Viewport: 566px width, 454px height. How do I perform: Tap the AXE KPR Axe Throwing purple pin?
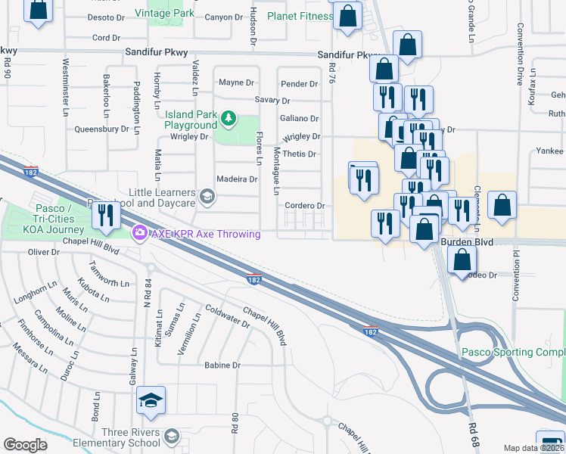pyautogui.click(x=138, y=233)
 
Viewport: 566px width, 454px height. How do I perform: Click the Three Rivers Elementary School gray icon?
pyautogui.click(x=172, y=436)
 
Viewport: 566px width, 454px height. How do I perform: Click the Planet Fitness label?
pyautogui.click(x=300, y=16)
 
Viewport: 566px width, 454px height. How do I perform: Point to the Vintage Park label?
pyautogui.click(x=164, y=13)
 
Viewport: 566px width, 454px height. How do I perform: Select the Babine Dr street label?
pyautogui.click(x=222, y=365)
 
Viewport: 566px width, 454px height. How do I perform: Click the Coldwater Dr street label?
pyautogui.click(x=228, y=316)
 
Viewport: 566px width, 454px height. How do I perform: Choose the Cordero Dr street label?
pyautogui.click(x=305, y=206)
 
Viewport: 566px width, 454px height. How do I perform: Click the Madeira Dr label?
pyautogui.click(x=237, y=180)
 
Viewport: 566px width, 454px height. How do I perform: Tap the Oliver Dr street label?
pyautogui.click(x=43, y=253)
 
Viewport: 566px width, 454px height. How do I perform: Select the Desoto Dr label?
pyautogui.click(x=104, y=17)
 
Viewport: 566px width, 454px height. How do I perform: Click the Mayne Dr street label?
pyautogui.click(x=236, y=82)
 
